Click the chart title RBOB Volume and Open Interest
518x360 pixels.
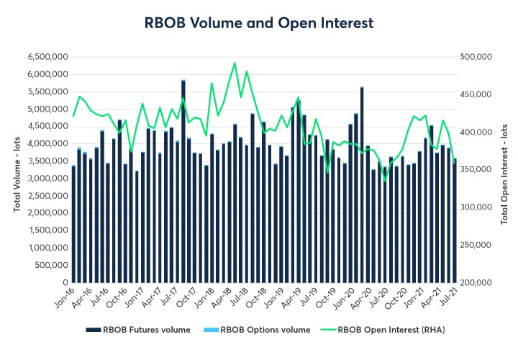[259, 22]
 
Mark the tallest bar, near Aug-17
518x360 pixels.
[183, 180]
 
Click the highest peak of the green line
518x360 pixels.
[235, 63]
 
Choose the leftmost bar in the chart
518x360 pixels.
[73, 224]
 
